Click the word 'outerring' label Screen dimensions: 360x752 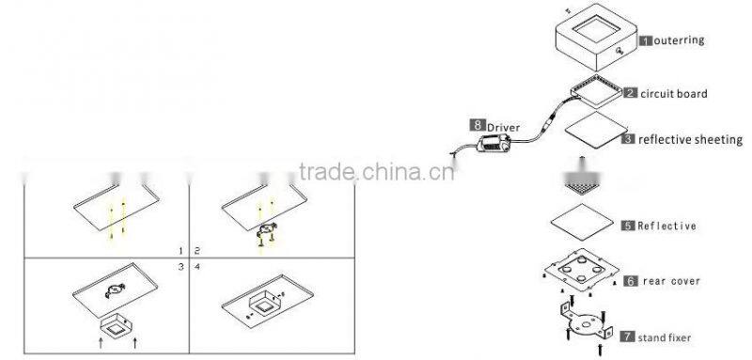click(x=679, y=41)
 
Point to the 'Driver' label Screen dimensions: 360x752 click(x=503, y=124)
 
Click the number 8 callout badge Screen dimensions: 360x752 click(x=478, y=124)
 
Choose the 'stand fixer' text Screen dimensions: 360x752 click(x=669, y=336)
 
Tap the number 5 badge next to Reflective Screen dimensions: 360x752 click(x=628, y=226)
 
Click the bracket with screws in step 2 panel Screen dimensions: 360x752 click(x=267, y=233)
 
